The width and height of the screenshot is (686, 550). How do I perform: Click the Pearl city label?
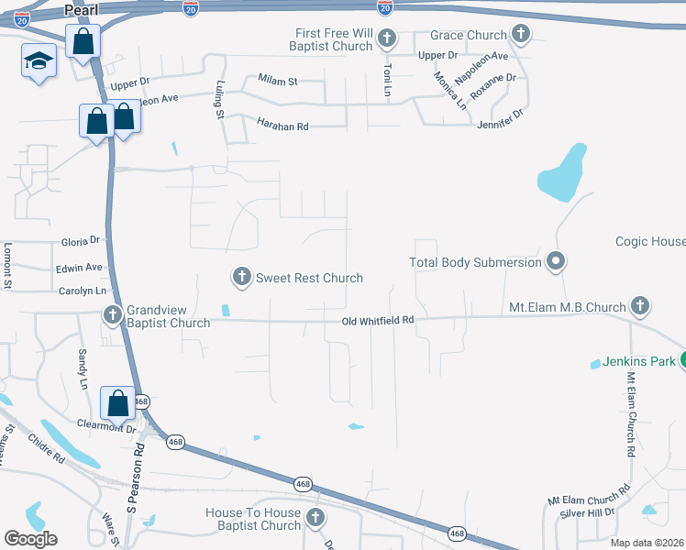click(82, 9)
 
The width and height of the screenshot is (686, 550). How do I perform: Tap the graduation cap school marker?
click(38, 61)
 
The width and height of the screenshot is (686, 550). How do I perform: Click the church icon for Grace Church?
click(521, 36)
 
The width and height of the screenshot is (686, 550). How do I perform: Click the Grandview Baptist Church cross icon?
click(113, 315)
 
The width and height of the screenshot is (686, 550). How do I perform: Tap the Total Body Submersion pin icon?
click(554, 262)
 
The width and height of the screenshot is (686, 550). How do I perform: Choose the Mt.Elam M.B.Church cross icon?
click(640, 306)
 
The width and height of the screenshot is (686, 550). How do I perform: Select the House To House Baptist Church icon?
click(315, 519)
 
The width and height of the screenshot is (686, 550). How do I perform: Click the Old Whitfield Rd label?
click(378, 321)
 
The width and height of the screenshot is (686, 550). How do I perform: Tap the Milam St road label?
click(278, 82)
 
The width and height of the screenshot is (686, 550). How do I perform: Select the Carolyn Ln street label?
click(76, 291)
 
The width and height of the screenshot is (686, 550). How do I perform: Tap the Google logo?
click(30, 538)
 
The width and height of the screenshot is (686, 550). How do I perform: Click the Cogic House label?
click(650, 241)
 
